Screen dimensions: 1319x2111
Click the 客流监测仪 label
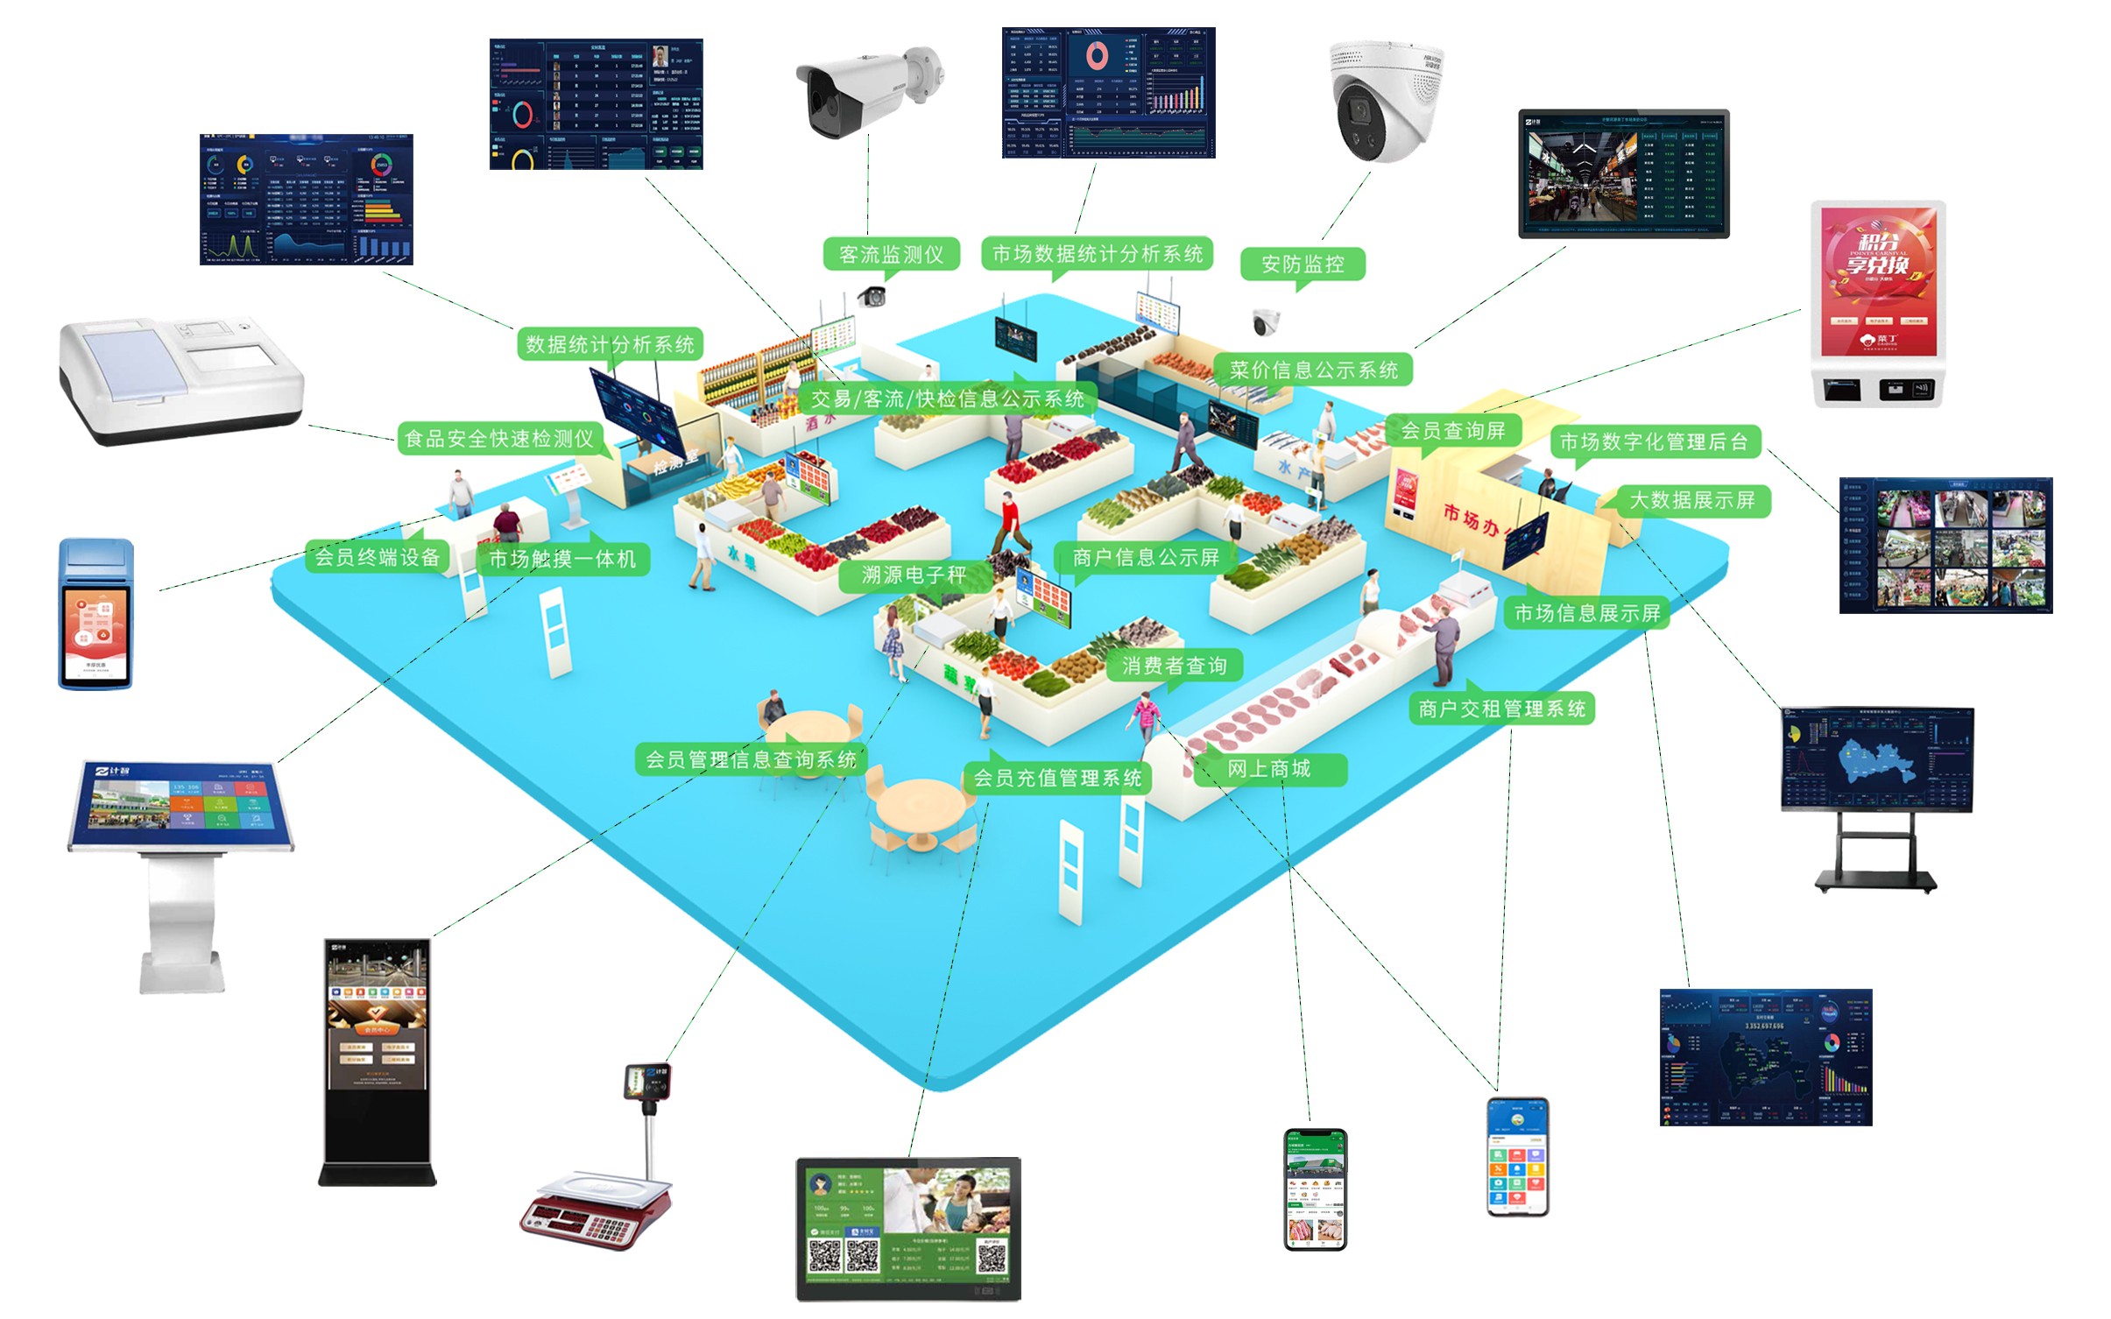click(x=891, y=255)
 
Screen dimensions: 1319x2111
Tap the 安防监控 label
click(x=1302, y=265)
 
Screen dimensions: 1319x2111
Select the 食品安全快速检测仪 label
click(x=499, y=438)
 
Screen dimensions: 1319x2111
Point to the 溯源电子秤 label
click(x=913, y=575)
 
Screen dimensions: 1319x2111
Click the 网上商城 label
click(x=1268, y=769)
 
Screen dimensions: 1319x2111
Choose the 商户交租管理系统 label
click(x=1501, y=709)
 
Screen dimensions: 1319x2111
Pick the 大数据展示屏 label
click(x=1691, y=500)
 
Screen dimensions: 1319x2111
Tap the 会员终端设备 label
click(x=377, y=557)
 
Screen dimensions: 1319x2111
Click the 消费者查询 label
click(x=1174, y=666)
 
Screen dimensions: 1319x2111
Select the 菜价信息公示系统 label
click(x=1313, y=370)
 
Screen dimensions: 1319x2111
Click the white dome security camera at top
click(x=1385, y=101)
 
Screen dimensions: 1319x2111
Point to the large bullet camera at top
click(x=867, y=90)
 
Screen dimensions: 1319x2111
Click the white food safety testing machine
click(x=180, y=380)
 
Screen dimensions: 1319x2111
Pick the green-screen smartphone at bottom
click(x=1315, y=1189)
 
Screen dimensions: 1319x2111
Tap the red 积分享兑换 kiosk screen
click(x=1878, y=280)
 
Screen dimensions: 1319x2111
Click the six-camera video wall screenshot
click(x=1945, y=546)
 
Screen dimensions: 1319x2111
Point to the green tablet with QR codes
click(x=908, y=1228)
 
